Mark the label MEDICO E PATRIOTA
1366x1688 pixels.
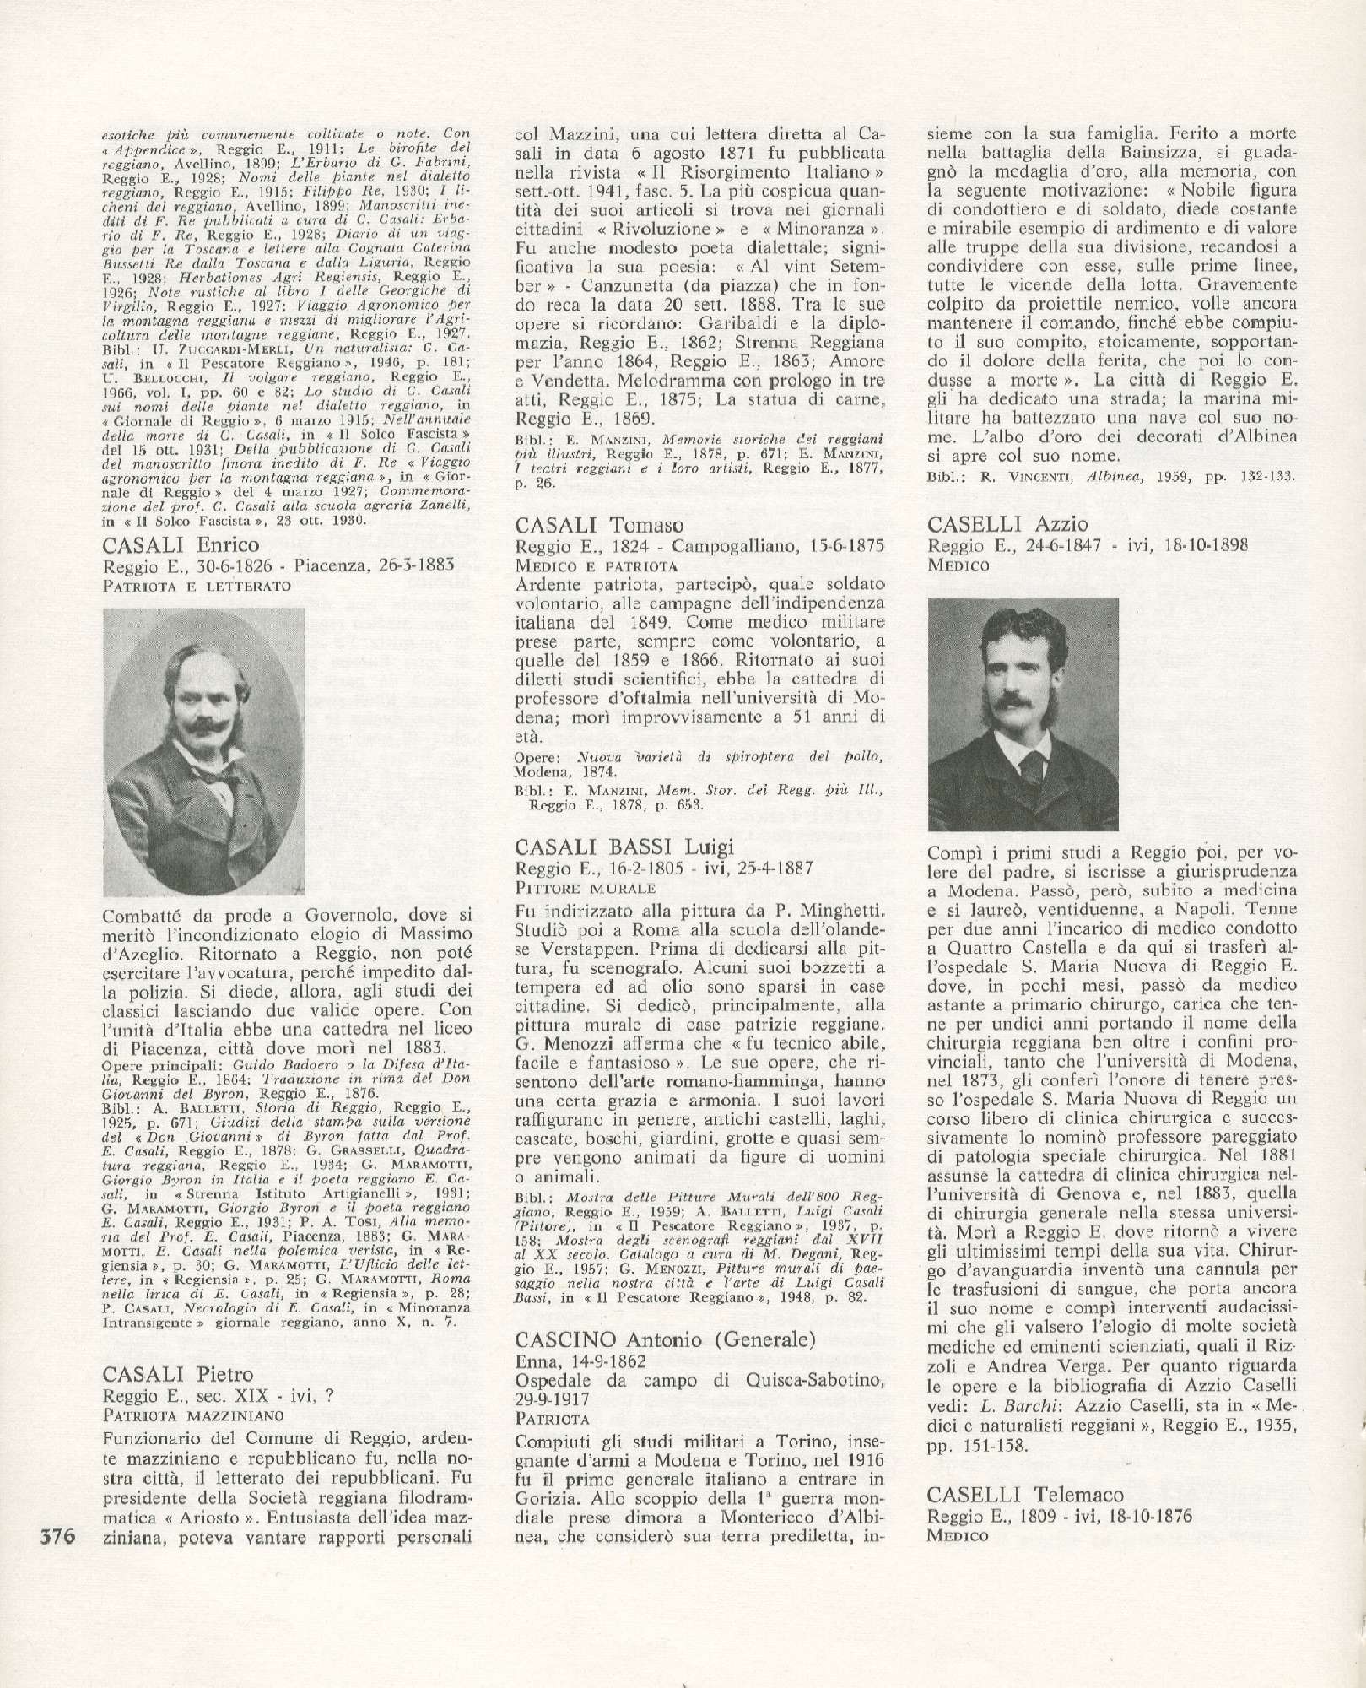point(594,565)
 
